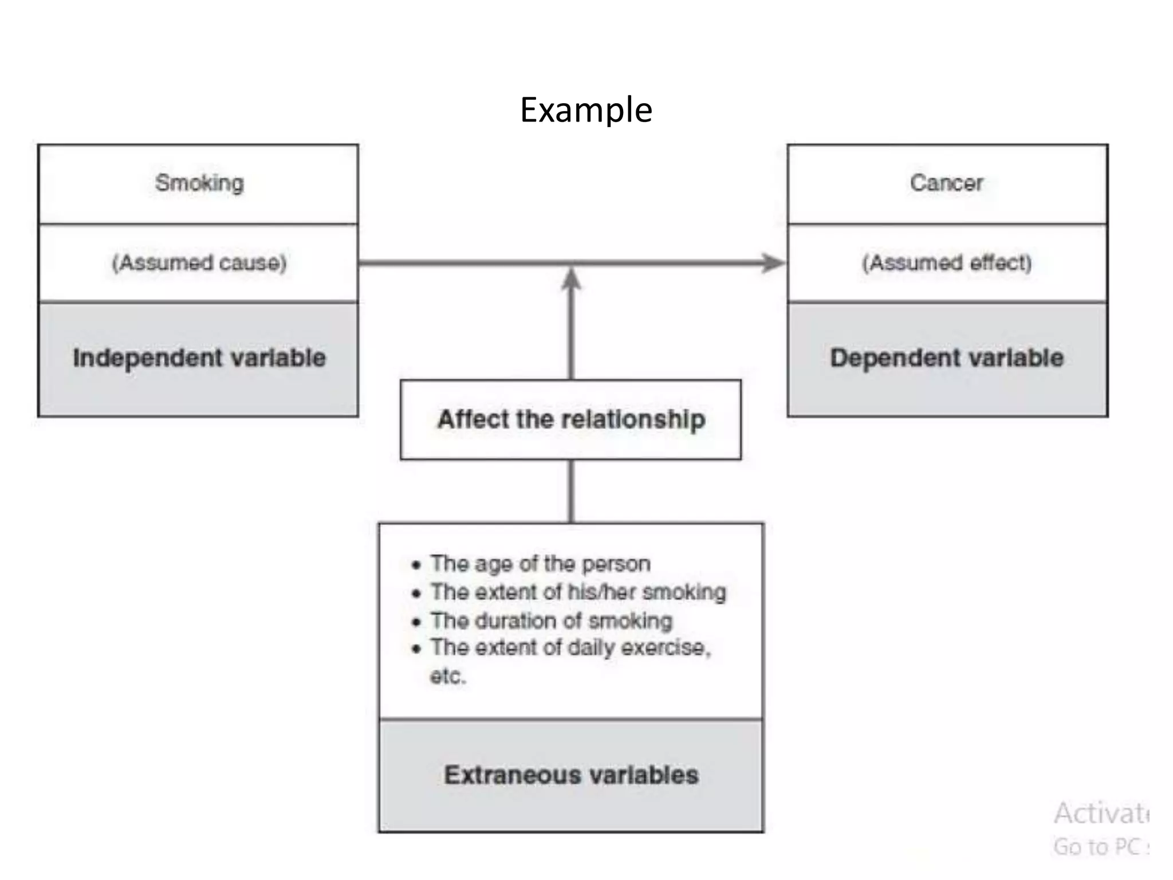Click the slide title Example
585,110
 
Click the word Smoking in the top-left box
199,183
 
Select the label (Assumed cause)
199,263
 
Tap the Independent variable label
199,358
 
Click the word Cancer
946,183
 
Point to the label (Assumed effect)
946,263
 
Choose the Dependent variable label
946,358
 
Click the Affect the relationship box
570,419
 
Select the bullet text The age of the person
540,564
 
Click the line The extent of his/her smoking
578,592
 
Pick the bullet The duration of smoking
551,620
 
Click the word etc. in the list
448,676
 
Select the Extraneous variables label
570,775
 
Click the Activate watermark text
1101,814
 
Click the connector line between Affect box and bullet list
570,491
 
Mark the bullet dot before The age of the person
416,565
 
